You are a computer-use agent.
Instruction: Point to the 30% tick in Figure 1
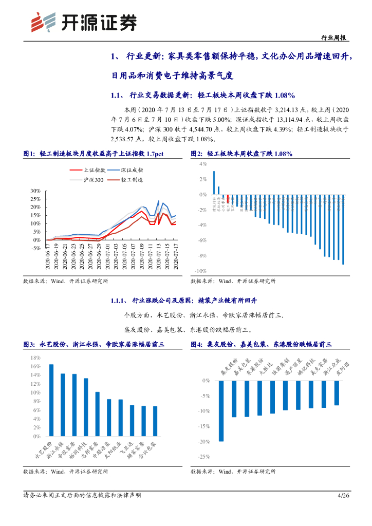(35, 191)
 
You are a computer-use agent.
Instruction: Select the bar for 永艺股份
(51, 400)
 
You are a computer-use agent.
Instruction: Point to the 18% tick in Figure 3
(36, 358)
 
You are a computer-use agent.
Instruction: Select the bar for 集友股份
(221, 410)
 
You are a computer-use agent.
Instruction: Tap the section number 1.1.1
(120, 300)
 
